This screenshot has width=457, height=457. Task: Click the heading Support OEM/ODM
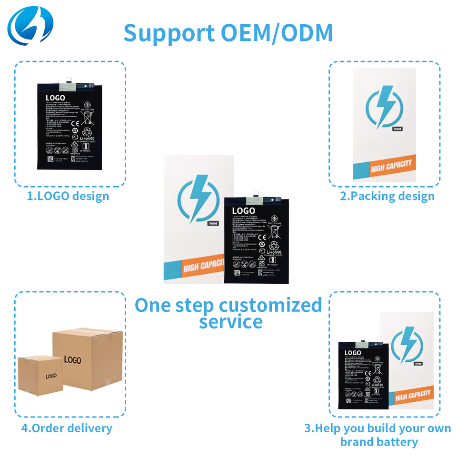pyautogui.click(x=228, y=32)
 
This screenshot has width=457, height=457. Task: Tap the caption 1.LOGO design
pyautogui.click(x=68, y=196)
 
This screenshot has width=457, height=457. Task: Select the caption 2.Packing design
pyautogui.click(x=387, y=196)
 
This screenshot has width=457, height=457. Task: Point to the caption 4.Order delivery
pyautogui.click(x=67, y=428)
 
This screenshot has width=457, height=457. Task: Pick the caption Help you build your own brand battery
pyautogui.click(x=378, y=435)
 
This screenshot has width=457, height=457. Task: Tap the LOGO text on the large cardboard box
pyautogui.click(x=72, y=360)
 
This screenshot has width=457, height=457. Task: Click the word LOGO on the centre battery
pyautogui.click(x=243, y=210)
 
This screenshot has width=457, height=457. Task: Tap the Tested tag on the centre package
pyautogui.click(x=213, y=223)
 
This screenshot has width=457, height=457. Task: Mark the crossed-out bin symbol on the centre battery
pyautogui.click(x=274, y=232)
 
